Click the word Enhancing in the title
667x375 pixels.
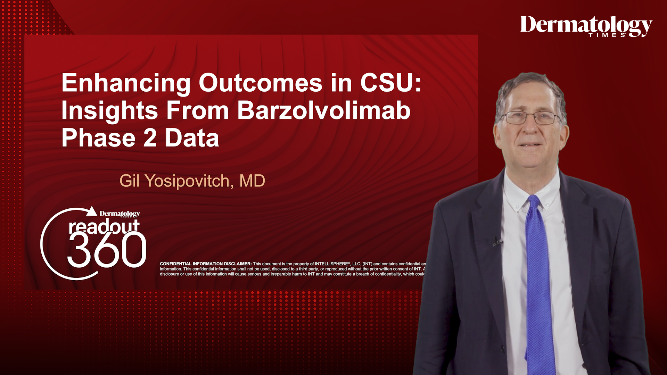[126, 83]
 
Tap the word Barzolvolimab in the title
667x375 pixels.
[323, 111]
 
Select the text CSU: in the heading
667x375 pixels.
[390, 83]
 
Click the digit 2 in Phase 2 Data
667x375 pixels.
[150, 138]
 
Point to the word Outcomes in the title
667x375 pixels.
[260, 83]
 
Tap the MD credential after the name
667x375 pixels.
[252, 181]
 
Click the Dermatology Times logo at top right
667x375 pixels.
[586, 26]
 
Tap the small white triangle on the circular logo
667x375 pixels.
[92, 211]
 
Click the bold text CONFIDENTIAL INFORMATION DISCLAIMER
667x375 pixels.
[206, 264]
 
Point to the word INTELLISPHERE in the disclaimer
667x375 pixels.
[331, 264]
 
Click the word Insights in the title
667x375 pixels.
[109, 111]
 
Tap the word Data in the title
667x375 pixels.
[192, 138]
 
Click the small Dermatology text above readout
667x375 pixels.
[120, 214]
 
